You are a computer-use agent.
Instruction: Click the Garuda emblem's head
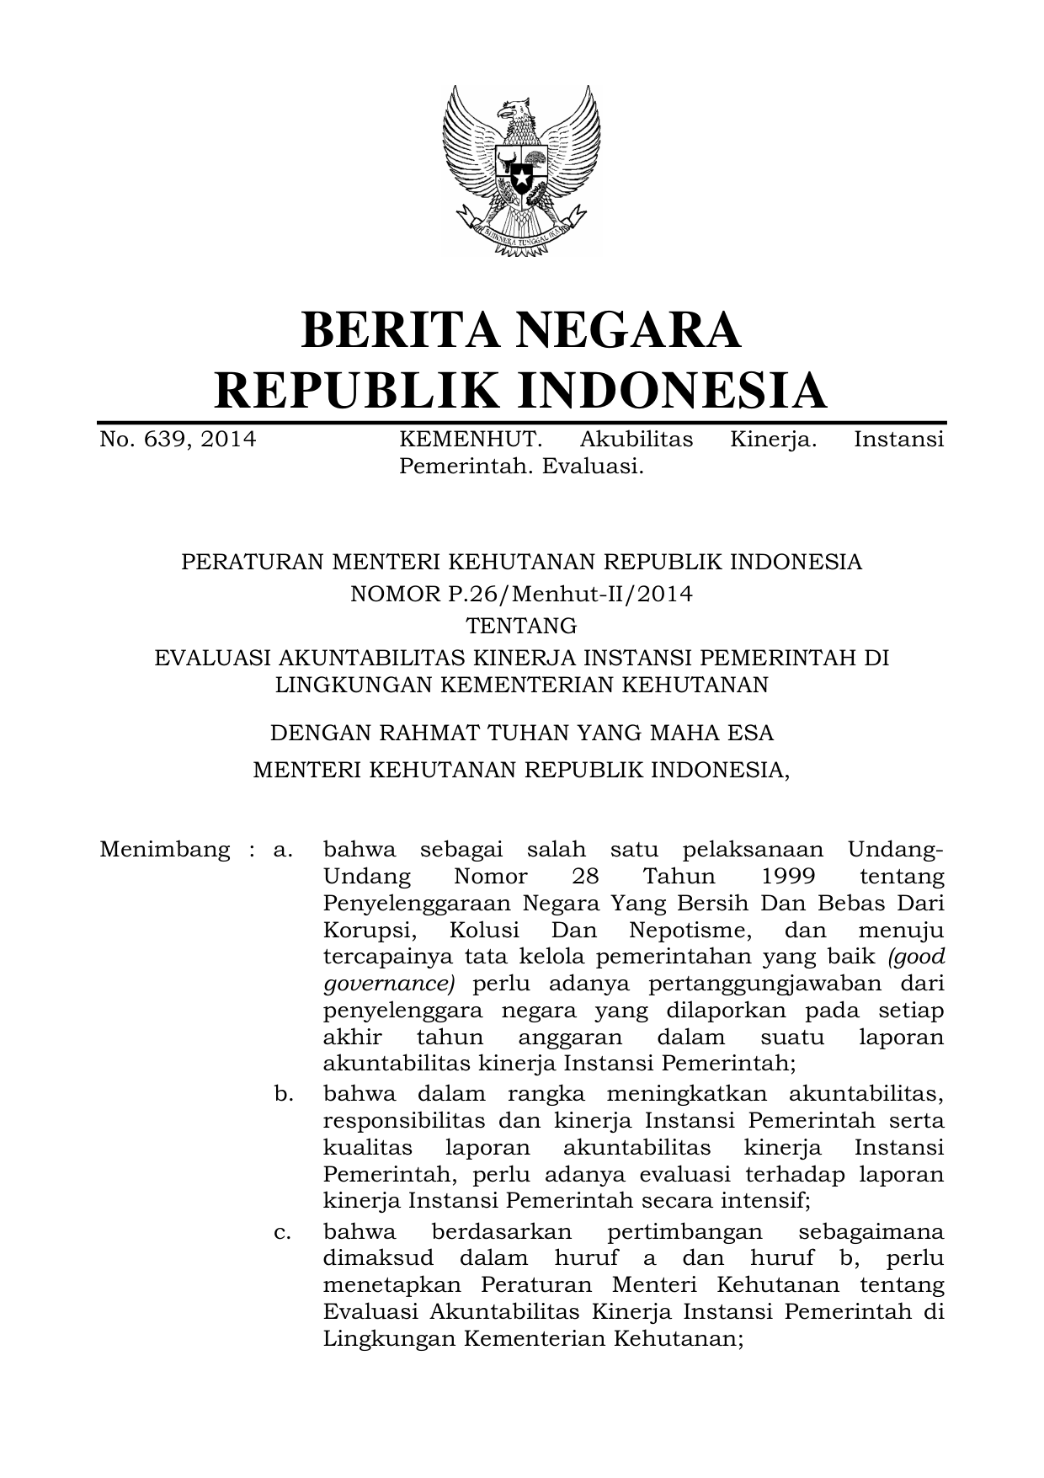coord(514,109)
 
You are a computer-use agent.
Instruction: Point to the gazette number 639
coord(165,440)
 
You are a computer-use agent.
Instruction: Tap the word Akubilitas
coord(637,440)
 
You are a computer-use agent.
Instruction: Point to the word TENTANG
coord(521,626)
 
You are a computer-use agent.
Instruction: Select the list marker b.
coord(283,1094)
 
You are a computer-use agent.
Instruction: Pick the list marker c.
coord(283,1232)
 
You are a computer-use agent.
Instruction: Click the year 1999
coord(788,876)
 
